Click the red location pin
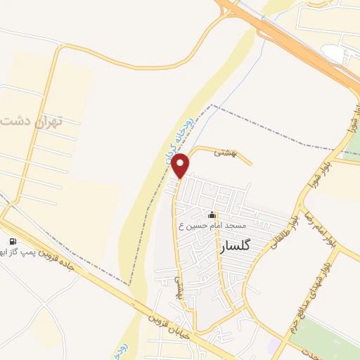[x=181, y=165]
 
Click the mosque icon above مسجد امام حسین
[x=212, y=214]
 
